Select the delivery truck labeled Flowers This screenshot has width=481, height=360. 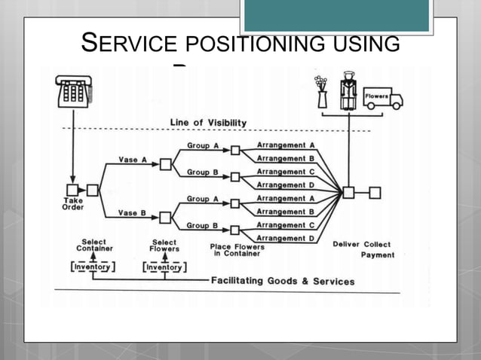[x=383, y=99]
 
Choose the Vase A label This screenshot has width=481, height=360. [x=133, y=159]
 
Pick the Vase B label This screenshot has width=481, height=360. [x=133, y=213]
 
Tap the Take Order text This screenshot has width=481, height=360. [x=73, y=204]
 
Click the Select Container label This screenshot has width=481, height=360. [x=93, y=247]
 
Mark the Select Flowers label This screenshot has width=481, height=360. [x=164, y=247]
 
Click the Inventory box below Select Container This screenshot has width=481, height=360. [x=93, y=266]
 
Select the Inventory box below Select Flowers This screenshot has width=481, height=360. [x=164, y=266]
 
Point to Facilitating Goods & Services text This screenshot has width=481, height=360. [x=283, y=281]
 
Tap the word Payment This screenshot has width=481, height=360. [x=377, y=255]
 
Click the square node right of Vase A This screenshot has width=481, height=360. [x=166, y=164]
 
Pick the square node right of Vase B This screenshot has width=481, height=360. [x=166, y=218]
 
